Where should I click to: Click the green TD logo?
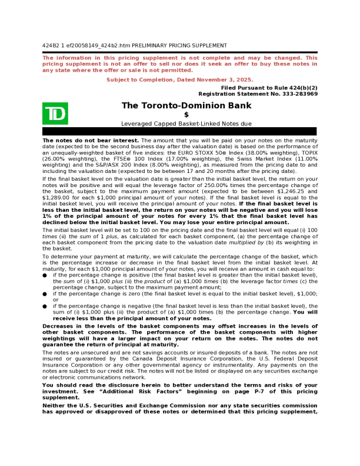coord(55,114)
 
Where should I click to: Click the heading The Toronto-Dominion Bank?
coord(186,106)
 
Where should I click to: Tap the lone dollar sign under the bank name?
coord(186,115)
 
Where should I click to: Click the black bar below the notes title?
coord(180,131)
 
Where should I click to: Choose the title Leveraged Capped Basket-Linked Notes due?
coord(186,124)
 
